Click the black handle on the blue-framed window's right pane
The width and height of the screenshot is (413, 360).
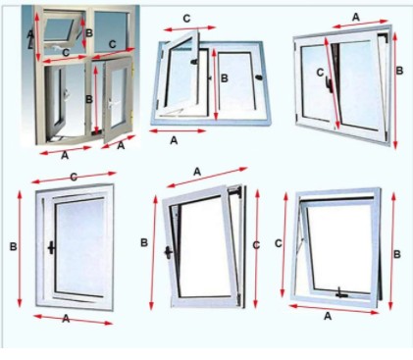(260, 77)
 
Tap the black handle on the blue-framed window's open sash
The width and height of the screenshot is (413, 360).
(195, 61)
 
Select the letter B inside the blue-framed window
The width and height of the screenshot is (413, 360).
(225, 78)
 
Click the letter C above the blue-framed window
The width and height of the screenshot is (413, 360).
(186, 19)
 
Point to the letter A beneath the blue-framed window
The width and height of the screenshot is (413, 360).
(174, 140)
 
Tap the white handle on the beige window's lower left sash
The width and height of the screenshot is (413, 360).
(68, 94)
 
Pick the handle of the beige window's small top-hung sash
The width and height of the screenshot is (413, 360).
(58, 48)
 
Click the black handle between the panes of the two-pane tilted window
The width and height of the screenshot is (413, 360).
(330, 83)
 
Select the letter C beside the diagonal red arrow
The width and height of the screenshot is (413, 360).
(320, 73)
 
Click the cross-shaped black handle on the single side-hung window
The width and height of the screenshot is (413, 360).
(51, 247)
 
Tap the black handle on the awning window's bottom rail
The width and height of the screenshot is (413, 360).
(341, 293)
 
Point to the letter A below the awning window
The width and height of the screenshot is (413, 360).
(328, 316)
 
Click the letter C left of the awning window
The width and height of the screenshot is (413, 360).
(279, 243)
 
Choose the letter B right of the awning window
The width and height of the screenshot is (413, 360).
(396, 254)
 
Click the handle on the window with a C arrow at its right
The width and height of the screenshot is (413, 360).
(168, 252)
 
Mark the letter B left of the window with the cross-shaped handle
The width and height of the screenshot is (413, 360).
(13, 246)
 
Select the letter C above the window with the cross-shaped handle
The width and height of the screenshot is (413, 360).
(74, 177)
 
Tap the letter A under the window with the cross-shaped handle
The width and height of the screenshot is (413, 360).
(66, 318)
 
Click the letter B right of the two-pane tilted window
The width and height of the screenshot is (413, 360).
(399, 71)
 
